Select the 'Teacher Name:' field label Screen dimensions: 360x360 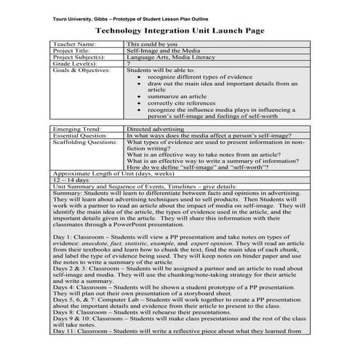pos(75,44)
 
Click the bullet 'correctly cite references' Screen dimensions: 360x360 pos(182,103)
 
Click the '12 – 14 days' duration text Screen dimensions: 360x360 pos(69,182)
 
